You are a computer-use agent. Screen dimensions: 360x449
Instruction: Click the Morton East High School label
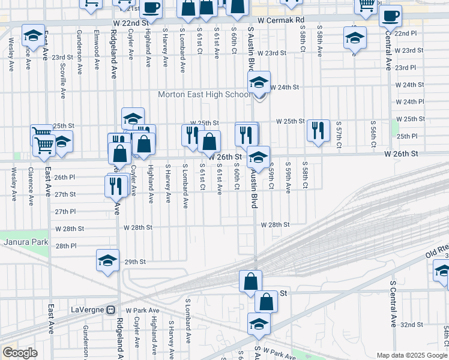point(204,95)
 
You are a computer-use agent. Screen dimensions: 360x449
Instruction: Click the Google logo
point(20,353)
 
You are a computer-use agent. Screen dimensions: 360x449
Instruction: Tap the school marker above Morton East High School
point(259,82)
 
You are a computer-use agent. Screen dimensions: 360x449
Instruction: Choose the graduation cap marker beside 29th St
point(107,260)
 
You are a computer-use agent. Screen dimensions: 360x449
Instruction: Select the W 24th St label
point(285,87)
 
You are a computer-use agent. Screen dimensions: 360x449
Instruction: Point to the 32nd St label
point(411,325)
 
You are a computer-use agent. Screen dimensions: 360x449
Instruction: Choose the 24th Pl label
point(414,102)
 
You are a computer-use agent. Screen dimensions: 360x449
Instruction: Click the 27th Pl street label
point(65,212)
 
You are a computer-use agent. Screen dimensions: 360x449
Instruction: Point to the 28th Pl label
point(65,246)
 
